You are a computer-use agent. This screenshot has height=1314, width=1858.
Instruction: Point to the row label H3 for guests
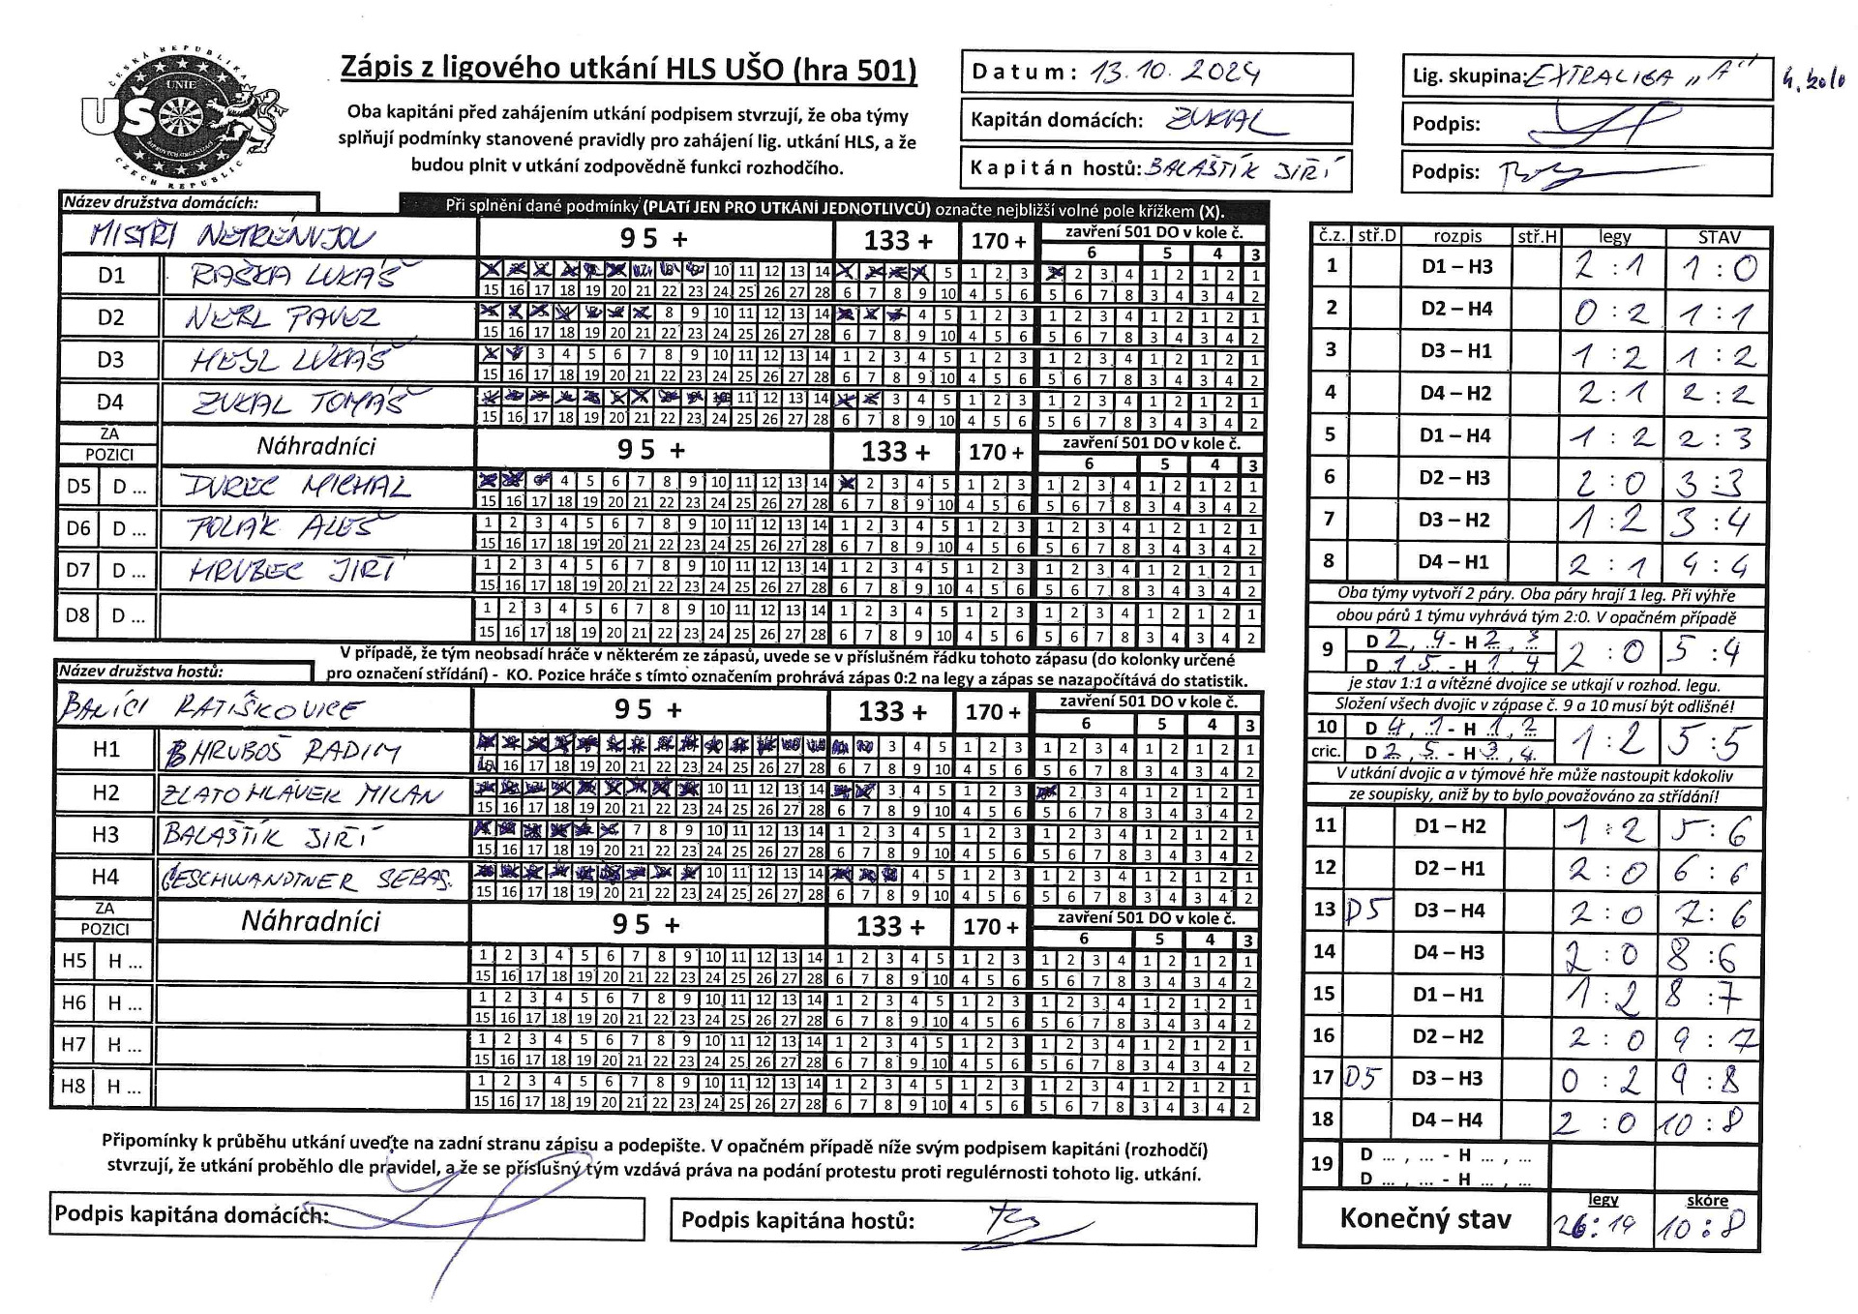[105, 834]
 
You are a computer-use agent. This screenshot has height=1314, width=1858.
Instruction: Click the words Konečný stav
[1424, 1218]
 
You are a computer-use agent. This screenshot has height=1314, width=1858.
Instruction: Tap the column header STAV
[1719, 236]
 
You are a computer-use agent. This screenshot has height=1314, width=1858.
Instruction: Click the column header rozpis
[1457, 236]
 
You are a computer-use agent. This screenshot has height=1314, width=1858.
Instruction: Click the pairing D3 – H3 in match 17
[1449, 1078]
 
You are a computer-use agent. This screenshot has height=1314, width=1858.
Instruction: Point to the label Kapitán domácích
[1057, 121]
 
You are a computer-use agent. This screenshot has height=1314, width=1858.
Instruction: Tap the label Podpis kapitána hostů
[797, 1221]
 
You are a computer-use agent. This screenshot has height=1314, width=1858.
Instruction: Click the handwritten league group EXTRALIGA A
[1645, 76]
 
